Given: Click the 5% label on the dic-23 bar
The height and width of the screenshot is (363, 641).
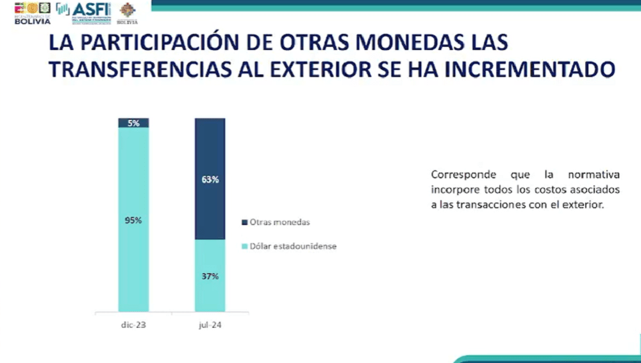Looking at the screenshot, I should pos(133,123).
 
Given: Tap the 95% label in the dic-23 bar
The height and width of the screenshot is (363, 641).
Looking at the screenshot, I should pos(133,220).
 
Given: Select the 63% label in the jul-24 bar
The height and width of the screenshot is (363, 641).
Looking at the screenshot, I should pos(210,180).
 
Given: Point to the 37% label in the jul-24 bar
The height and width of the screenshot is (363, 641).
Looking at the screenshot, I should pos(210,276).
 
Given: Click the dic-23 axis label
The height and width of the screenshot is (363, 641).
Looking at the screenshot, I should pos(133,325).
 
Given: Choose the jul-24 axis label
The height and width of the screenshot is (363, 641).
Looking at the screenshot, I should pos(210,325).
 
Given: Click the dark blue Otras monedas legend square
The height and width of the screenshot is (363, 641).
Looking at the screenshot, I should pos(244,223).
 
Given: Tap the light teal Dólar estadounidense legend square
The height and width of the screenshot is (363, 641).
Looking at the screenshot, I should pos(244,246).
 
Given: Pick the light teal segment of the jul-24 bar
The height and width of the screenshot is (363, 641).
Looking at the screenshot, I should pos(210,295).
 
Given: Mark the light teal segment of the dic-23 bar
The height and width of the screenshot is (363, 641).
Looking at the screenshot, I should pos(133,269).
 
